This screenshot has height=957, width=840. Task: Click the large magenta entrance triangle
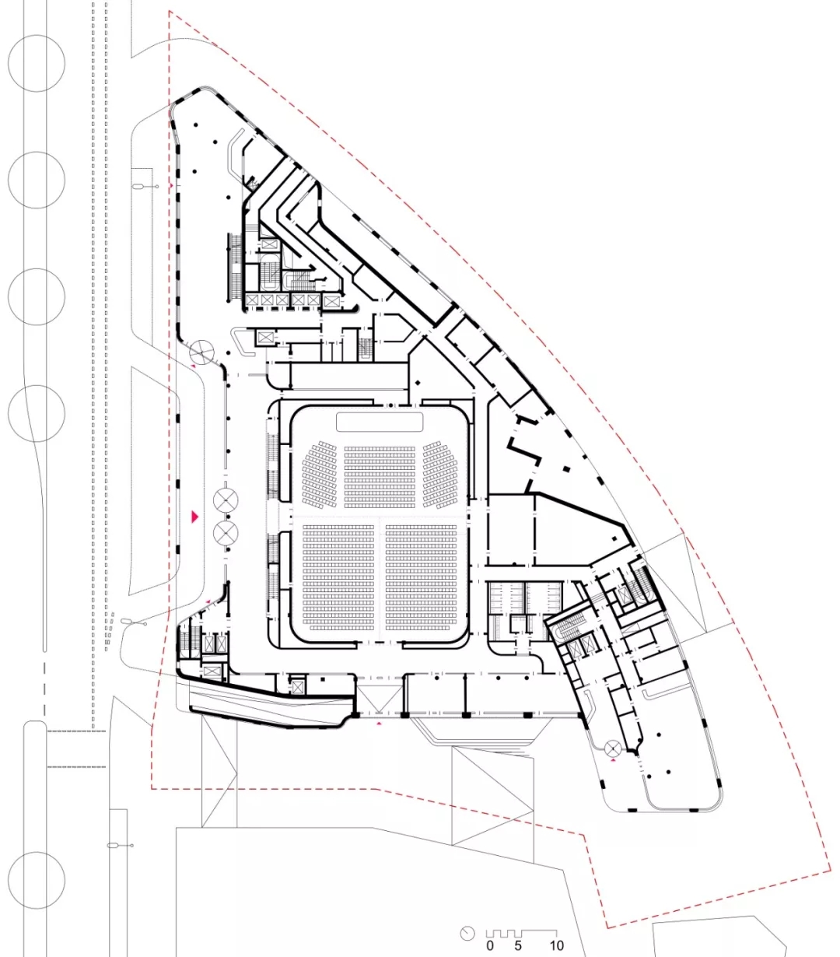tap(195, 516)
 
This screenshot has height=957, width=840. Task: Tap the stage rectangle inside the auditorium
tap(380, 422)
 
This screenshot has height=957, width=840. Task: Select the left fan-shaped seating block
tap(320, 475)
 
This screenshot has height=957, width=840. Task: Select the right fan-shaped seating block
tap(440, 475)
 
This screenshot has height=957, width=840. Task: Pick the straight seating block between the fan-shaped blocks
tap(380, 477)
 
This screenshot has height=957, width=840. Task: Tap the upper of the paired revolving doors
tap(226, 500)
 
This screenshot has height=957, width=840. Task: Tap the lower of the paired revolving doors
tap(226, 533)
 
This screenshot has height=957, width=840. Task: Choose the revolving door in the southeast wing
tap(614, 748)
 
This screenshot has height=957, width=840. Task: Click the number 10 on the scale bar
tap(556, 946)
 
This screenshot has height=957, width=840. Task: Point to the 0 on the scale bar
tap(490, 946)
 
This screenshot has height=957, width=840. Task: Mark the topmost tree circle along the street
tap(36, 61)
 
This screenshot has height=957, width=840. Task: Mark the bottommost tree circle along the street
tap(36, 880)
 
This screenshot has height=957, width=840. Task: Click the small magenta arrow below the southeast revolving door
tap(614, 763)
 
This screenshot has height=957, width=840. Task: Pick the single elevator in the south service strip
tap(297, 682)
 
